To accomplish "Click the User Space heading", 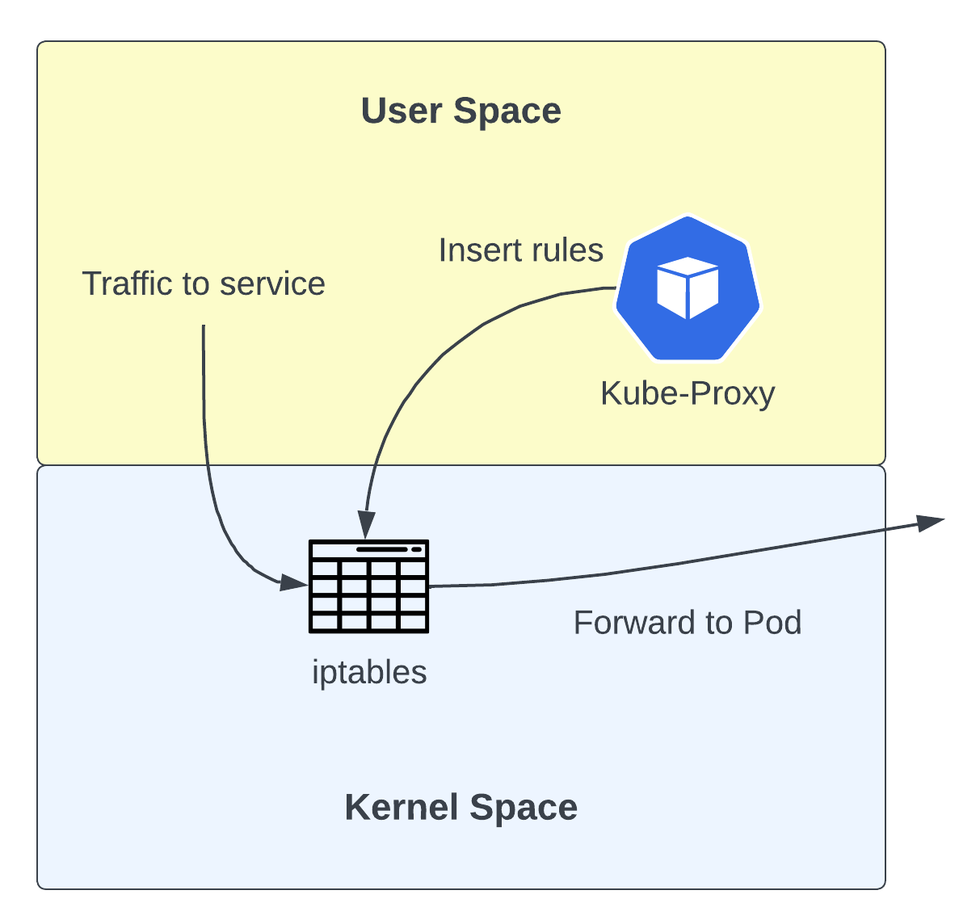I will (x=461, y=111).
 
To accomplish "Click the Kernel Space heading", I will (x=461, y=807).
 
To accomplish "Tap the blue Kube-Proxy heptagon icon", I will (x=688, y=288).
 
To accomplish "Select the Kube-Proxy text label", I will (x=688, y=393).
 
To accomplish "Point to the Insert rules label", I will (x=521, y=250).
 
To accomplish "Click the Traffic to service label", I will (x=204, y=284).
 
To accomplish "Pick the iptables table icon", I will (x=369, y=586).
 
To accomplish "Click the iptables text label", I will (x=369, y=672).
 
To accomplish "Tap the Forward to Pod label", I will (x=688, y=623).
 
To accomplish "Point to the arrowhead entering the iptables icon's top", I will (x=366, y=526).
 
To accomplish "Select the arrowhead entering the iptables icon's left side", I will (x=294, y=582).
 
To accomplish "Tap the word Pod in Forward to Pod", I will (x=772, y=623).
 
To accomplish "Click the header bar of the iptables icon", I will (x=369, y=549).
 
